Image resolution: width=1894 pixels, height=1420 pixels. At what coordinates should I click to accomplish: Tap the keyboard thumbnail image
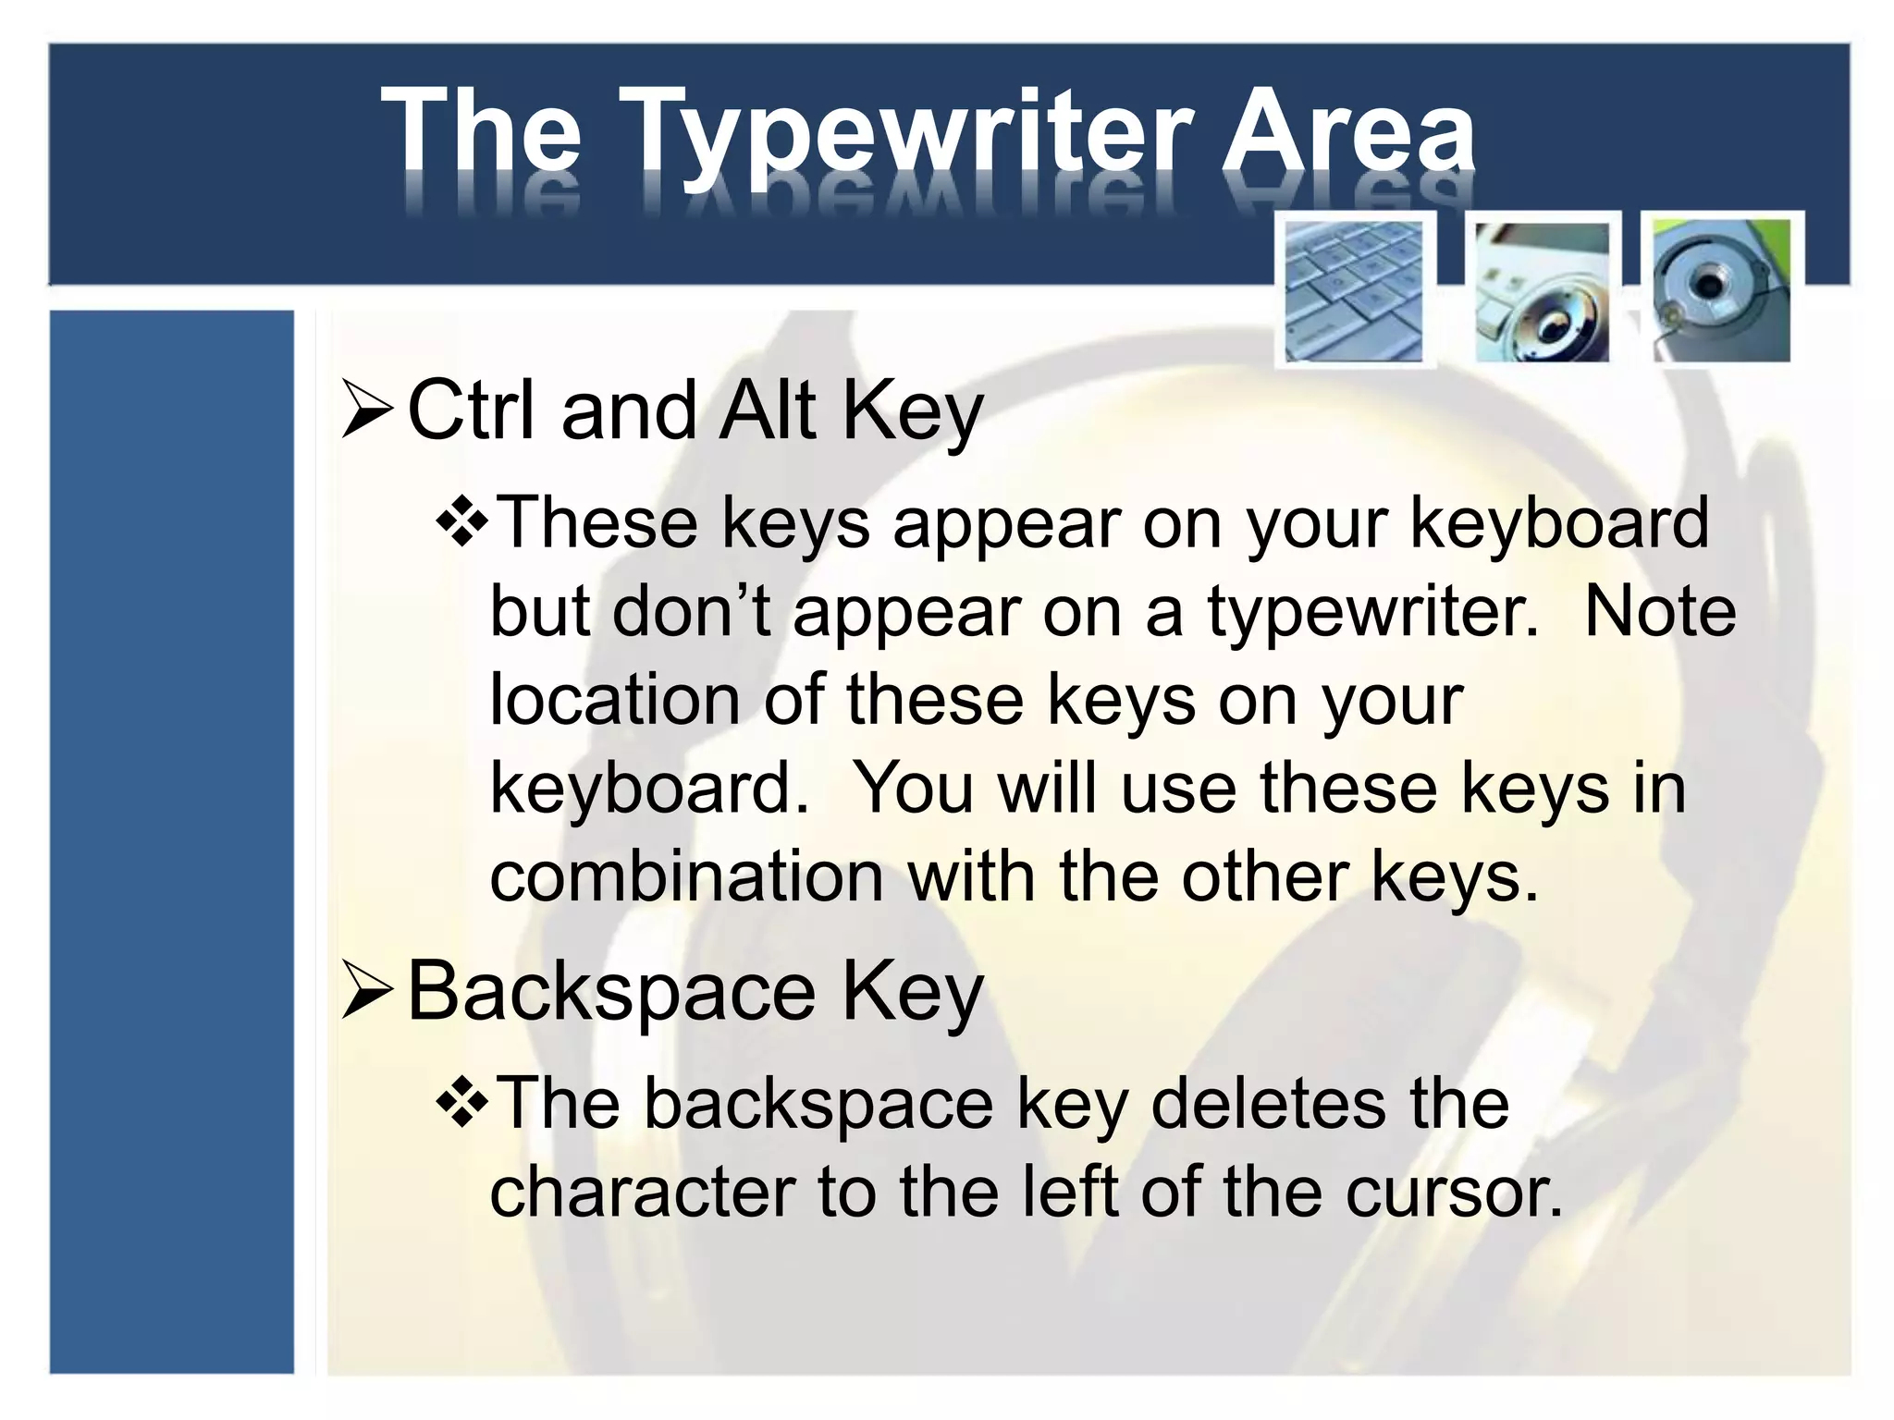pyautogui.click(x=1354, y=290)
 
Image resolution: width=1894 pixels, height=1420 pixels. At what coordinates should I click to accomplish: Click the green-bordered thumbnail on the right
pyautogui.click(x=1722, y=290)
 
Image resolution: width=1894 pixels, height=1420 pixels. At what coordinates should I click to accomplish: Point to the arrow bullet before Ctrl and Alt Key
pyautogui.click(x=367, y=412)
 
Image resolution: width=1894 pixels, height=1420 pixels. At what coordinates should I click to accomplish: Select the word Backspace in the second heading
pyautogui.click(x=610, y=992)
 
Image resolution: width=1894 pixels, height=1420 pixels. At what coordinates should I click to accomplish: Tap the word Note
pyautogui.click(x=1660, y=612)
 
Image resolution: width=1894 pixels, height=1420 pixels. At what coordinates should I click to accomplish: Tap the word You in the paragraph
pyautogui.click(x=912, y=789)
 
